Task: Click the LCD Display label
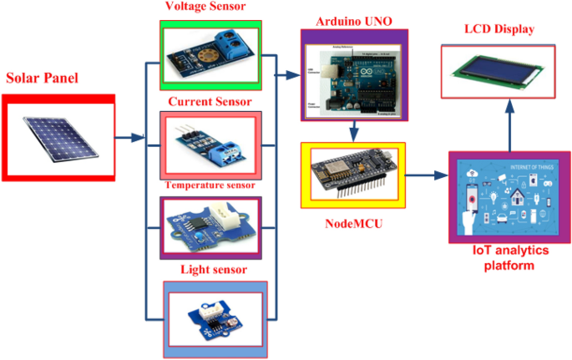pyautogui.click(x=499, y=30)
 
